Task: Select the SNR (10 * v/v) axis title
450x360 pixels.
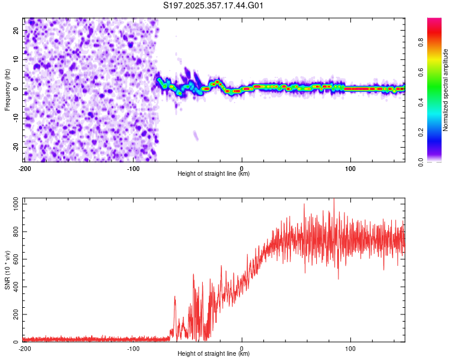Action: (x=7, y=272)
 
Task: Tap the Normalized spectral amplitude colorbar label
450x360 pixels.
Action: (x=446, y=90)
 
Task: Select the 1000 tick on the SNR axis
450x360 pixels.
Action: (x=12, y=204)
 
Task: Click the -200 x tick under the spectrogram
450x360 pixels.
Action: (x=25, y=169)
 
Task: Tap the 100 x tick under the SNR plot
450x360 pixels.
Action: (x=350, y=349)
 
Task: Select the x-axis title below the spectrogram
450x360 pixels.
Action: (x=214, y=174)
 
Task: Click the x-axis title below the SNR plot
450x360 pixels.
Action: (x=214, y=354)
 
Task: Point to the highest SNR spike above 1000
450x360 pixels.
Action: (x=334, y=199)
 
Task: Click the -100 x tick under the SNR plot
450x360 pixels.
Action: (x=133, y=349)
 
